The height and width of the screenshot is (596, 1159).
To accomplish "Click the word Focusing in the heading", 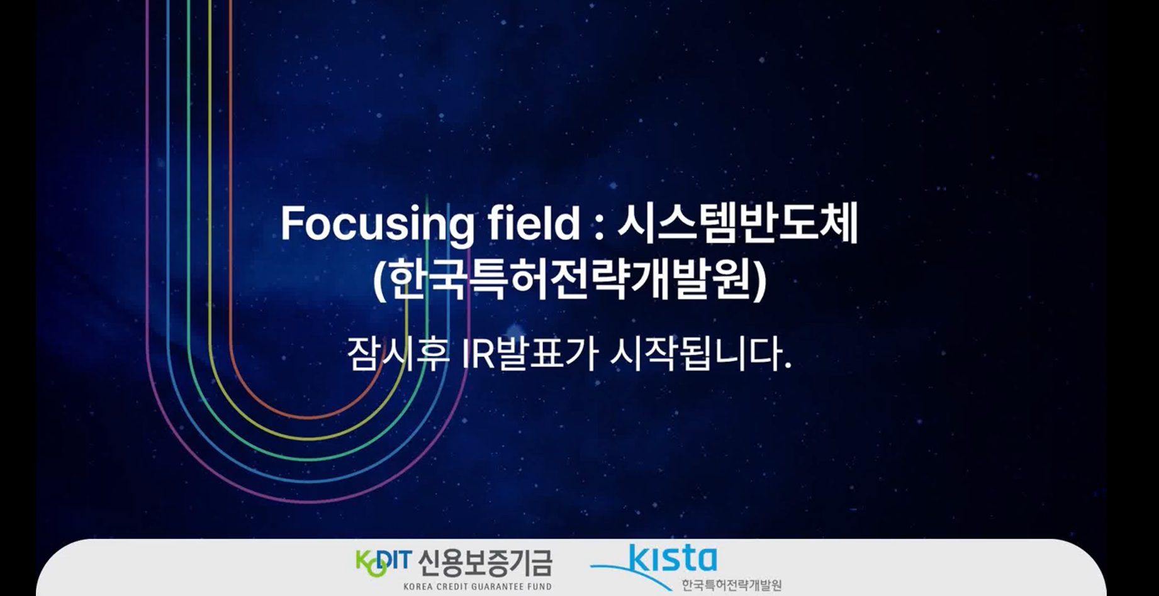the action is pyautogui.click(x=376, y=224).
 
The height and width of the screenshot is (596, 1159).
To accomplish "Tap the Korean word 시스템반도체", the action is pyautogui.click(x=737, y=224).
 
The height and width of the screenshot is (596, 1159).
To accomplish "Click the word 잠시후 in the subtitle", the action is pyautogui.click(x=398, y=355).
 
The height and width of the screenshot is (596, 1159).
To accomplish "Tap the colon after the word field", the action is pyautogui.click(x=598, y=226).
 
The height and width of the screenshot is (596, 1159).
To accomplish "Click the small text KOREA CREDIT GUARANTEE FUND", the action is pyautogui.click(x=478, y=587).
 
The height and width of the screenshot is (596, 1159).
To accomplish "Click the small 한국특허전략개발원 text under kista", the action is pyautogui.click(x=732, y=585).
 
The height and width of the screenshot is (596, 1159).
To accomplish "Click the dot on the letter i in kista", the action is pyautogui.click(x=659, y=549).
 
